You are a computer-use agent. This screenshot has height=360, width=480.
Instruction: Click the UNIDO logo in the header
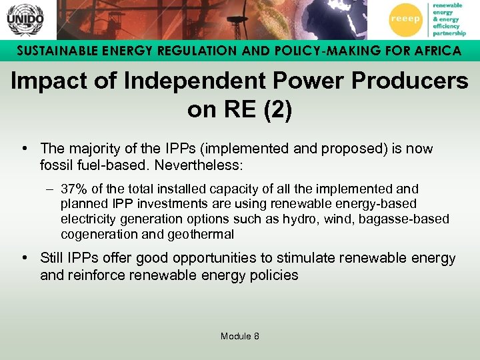coord(25,20)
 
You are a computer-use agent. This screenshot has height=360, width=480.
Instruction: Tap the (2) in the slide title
coord(276,110)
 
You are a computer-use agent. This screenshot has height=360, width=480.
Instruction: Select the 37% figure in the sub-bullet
coord(74,189)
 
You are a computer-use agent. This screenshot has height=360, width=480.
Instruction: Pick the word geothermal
coord(203,234)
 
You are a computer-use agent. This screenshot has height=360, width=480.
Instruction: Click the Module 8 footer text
coord(240,336)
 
